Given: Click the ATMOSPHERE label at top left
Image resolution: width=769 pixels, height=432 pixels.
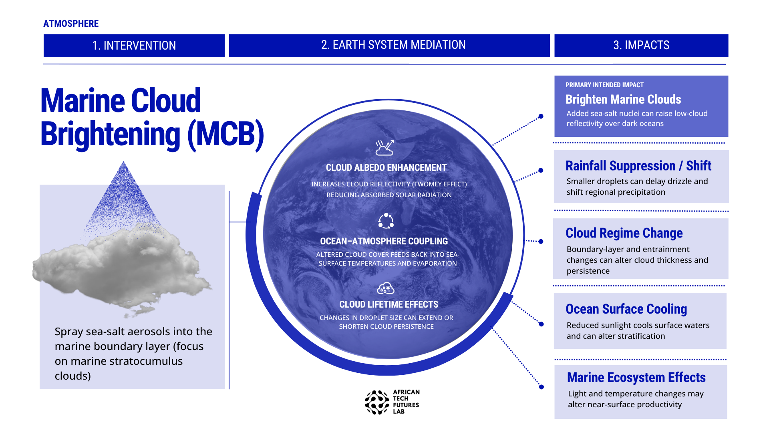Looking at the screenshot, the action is point(71,24).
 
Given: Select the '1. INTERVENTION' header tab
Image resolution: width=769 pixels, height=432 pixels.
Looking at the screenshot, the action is point(134,45).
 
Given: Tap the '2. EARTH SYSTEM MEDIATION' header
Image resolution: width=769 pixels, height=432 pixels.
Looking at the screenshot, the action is point(389,45).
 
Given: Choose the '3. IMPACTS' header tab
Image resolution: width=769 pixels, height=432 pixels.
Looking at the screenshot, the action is point(641,45).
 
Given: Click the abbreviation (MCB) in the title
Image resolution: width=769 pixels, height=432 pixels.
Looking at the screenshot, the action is point(226,134).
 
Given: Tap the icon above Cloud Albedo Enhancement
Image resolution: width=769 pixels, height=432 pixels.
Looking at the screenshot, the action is point(384,148).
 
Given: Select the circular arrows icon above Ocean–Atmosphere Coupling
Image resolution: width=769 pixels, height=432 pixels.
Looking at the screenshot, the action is point(386,221).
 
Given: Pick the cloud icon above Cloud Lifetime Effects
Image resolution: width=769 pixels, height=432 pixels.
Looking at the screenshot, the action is point(386,288).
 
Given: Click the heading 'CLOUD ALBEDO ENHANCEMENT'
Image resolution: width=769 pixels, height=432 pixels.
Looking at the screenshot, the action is point(386,168).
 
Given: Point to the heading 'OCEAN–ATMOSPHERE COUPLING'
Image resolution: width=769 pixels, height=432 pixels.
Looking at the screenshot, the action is point(384,241).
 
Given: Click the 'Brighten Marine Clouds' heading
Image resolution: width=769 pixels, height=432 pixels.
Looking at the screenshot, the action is point(623,99).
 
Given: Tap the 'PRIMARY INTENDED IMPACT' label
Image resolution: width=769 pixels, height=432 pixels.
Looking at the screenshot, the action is point(604,85).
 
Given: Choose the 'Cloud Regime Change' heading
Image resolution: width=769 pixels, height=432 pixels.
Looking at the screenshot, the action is point(624,233).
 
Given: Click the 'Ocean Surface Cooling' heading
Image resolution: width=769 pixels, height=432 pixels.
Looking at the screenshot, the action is point(626,309).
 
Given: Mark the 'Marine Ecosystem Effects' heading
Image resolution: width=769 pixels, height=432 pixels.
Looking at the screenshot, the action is point(636,377).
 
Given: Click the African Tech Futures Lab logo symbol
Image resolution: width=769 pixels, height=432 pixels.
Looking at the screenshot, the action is point(377,402).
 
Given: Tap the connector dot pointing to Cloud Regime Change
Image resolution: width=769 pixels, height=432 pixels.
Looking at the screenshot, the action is point(541,242).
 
